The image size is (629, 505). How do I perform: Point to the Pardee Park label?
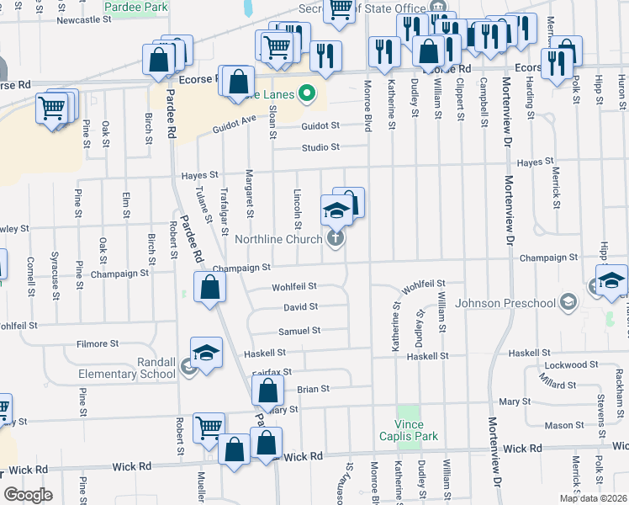[x=136, y=7]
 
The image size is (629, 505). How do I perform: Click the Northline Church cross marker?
[x=336, y=239]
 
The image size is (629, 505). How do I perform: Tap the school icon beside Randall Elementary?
[x=206, y=355]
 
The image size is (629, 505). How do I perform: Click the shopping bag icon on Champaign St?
[x=209, y=287]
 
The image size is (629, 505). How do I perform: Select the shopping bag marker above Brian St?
[x=267, y=391]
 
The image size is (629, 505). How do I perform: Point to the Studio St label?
[x=321, y=147]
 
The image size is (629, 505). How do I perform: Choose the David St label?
[x=300, y=308]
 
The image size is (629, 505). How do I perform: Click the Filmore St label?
[x=98, y=343]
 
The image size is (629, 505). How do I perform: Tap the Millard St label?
[x=558, y=384]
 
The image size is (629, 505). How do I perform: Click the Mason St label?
[x=558, y=426]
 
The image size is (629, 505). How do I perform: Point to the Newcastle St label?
[x=84, y=19]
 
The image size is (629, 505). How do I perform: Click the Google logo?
[x=28, y=494]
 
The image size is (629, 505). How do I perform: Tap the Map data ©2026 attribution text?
[x=592, y=498]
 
